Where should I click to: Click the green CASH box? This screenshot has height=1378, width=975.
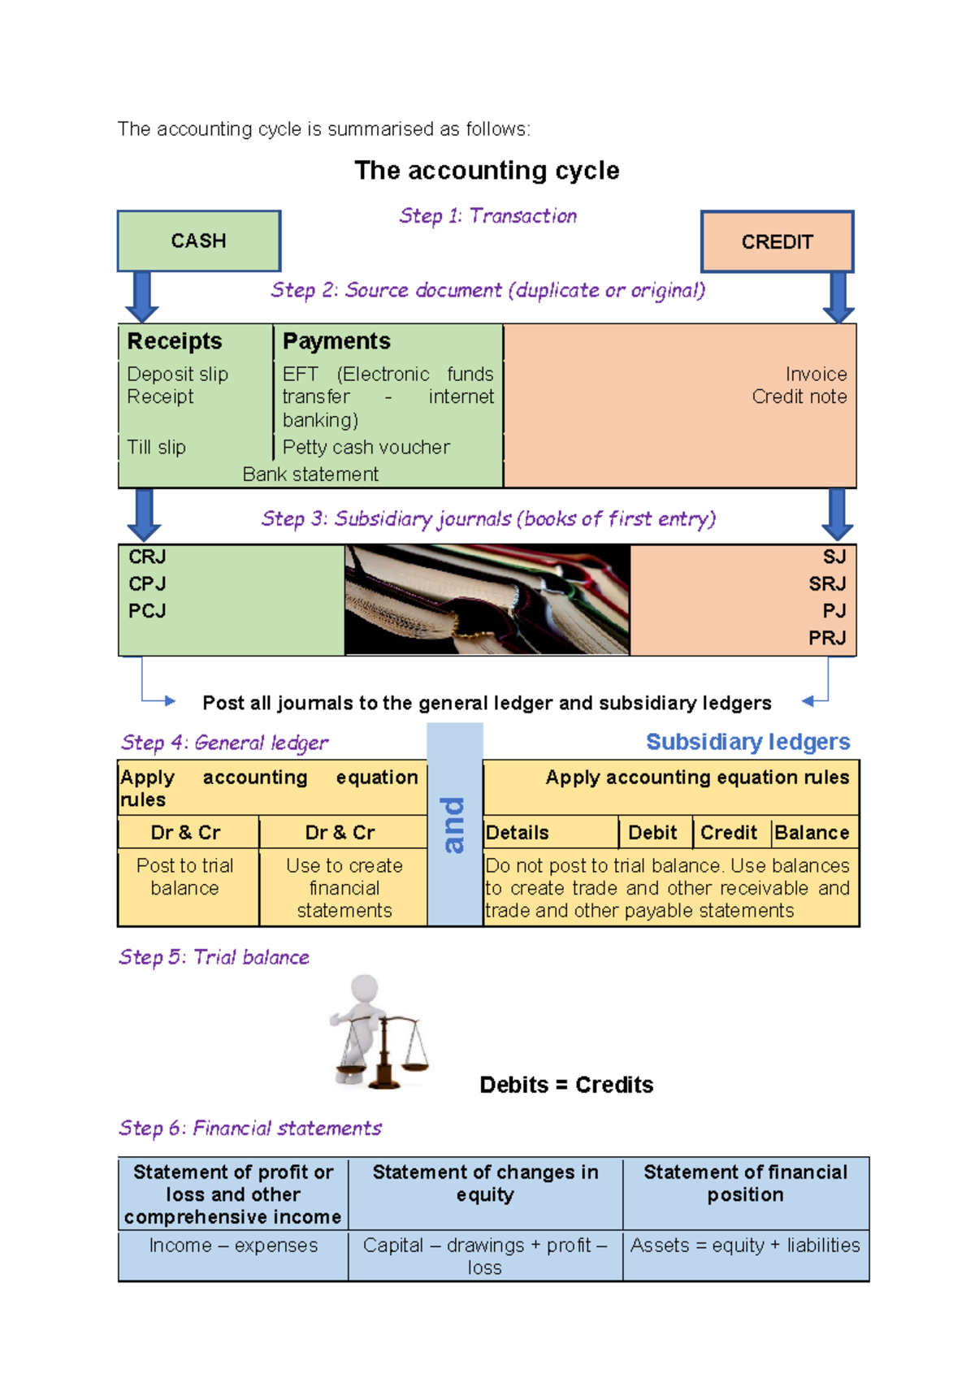[x=199, y=241]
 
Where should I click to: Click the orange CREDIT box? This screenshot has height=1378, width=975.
[x=777, y=242]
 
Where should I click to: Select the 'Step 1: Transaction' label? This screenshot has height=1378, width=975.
[x=487, y=216]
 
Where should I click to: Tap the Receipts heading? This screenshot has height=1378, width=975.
[x=175, y=341]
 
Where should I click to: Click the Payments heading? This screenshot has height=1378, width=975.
[x=336, y=341]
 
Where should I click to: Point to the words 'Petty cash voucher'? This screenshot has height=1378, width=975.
[x=366, y=448]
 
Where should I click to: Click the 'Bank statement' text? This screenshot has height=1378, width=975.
[x=310, y=474]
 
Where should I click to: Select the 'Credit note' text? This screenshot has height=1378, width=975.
[x=799, y=396]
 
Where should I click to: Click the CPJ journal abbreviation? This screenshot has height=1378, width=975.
[x=147, y=584]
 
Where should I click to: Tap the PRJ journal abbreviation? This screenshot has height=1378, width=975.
[x=827, y=639]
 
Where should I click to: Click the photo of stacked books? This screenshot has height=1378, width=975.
[x=487, y=600]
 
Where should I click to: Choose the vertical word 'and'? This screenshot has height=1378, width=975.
[x=454, y=825]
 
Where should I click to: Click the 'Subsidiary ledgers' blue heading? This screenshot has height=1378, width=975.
[x=747, y=742]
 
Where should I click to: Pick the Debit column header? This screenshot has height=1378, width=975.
[x=652, y=833]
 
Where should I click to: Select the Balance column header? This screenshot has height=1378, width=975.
[x=812, y=833]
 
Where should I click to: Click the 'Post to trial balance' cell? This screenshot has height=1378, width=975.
[x=185, y=877]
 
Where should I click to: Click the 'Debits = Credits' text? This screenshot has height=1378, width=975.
[x=566, y=1085]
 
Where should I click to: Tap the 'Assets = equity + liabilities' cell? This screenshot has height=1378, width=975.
[x=745, y=1246]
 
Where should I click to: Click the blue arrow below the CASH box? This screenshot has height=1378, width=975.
[x=142, y=297]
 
